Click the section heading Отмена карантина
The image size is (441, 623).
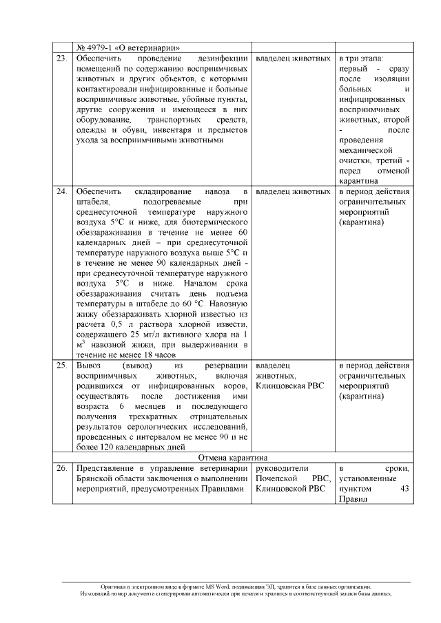click(x=234, y=457)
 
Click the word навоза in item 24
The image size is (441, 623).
click(x=217, y=191)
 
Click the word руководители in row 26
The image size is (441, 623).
click(x=283, y=468)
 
